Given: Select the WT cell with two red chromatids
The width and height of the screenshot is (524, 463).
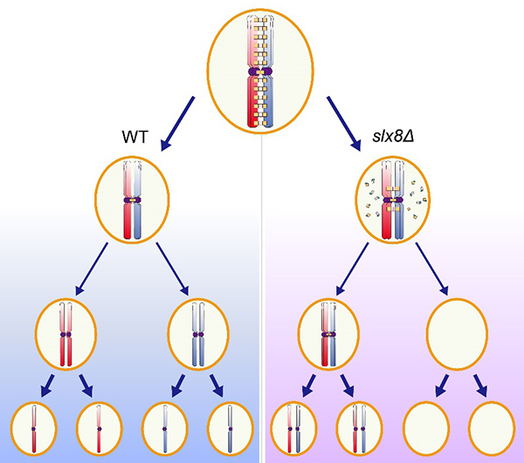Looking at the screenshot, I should (65, 335).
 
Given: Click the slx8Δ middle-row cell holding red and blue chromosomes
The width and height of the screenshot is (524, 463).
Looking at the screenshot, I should (328, 335).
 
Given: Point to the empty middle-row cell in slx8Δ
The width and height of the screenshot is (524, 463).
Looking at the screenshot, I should (456, 335).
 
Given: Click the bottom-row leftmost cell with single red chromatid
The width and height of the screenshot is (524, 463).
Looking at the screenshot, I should (32, 429).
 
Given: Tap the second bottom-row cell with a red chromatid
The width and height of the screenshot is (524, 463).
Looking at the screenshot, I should (98, 429).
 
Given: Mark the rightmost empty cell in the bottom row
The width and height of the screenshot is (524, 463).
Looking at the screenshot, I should (491, 429).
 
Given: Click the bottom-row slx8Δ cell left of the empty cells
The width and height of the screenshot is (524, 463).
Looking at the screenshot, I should (359, 429).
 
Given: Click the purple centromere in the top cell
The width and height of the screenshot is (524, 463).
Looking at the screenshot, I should (262, 71).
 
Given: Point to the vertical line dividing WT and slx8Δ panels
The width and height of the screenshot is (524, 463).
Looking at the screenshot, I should (263, 262).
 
